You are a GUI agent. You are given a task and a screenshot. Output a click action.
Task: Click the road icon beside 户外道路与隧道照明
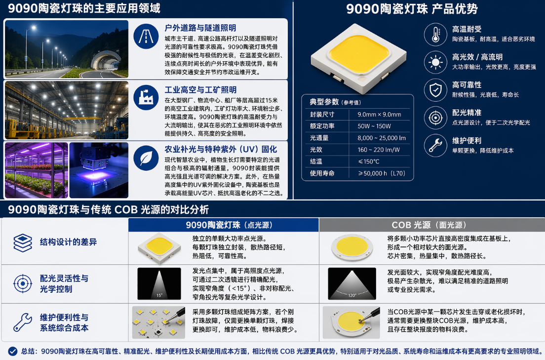tap(146, 36)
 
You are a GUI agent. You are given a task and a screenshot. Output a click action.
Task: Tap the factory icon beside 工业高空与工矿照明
tap(146, 98)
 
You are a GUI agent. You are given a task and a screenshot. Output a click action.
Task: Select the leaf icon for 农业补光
tap(146, 158)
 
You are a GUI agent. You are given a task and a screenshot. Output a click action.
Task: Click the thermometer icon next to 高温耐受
tap(435, 35)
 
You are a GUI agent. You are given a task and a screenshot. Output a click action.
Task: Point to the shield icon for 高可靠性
tap(435, 90)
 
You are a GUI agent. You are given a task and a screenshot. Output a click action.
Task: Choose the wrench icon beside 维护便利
tap(435, 145)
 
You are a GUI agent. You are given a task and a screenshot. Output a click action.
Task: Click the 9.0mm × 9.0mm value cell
tap(379, 115)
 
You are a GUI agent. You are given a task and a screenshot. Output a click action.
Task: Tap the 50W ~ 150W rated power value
tap(374, 126)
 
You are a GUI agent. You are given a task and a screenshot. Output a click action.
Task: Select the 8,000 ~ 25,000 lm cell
tap(382, 138)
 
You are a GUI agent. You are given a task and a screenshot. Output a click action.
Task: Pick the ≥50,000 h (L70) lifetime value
tap(382, 173)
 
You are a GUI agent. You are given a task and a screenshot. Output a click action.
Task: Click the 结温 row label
tap(316, 161)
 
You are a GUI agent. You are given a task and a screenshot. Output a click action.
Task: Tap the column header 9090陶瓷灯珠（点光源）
tap(230, 225)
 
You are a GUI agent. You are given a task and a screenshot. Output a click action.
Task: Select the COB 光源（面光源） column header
tap(429, 225)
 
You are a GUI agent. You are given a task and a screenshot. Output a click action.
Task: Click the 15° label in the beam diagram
tap(159, 295)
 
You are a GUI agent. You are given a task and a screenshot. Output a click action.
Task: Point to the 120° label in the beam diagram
tap(352, 295)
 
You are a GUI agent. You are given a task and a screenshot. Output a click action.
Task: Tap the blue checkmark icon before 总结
tap(13, 351)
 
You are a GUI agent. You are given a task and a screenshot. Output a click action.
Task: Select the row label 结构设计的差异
tap(69, 242)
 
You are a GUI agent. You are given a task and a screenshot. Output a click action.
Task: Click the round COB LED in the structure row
tap(352, 247)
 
